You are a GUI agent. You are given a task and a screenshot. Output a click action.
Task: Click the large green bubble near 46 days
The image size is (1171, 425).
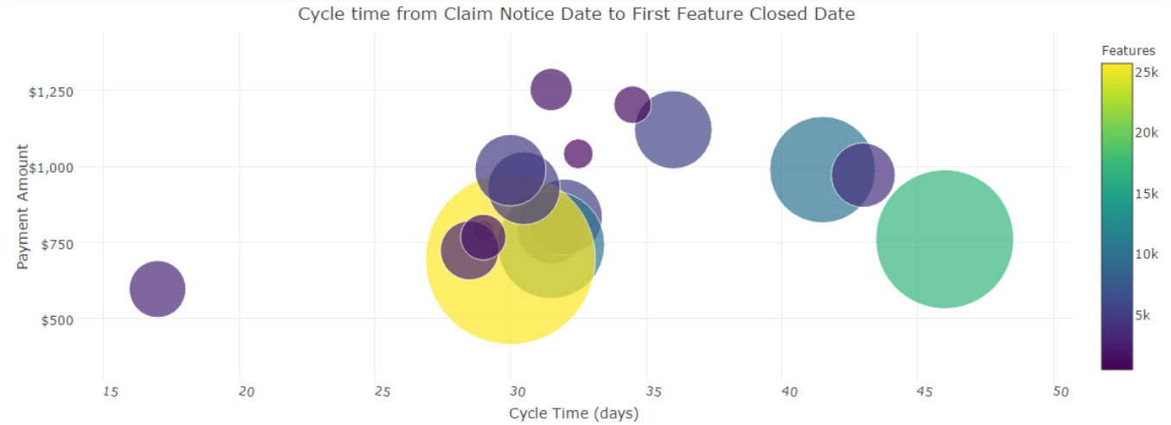pyautogui.click(x=944, y=239)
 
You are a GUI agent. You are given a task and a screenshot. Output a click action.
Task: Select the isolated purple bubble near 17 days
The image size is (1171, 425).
pyautogui.click(x=157, y=288)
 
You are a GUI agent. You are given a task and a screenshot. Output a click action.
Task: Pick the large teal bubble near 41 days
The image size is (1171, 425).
pyautogui.click(x=822, y=169)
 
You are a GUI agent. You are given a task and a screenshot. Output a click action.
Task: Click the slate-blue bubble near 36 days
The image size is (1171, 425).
pyautogui.click(x=673, y=129)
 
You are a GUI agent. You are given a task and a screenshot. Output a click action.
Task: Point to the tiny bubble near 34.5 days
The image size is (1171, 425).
pyautogui.click(x=632, y=105)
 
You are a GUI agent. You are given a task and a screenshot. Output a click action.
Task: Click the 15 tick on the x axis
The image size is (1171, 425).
pyautogui.click(x=109, y=391)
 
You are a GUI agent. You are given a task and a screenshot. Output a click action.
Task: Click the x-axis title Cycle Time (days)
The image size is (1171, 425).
pyautogui.click(x=574, y=413)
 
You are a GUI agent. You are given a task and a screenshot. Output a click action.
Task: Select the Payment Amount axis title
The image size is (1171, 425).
pyautogui.click(x=23, y=206)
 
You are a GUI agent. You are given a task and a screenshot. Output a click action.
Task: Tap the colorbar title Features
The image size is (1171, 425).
pyautogui.click(x=1128, y=51)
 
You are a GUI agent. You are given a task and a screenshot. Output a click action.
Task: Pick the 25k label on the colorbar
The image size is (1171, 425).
pyautogui.click(x=1146, y=72)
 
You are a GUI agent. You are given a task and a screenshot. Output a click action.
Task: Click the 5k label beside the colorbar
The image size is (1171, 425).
pyautogui.click(x=1142, y=315)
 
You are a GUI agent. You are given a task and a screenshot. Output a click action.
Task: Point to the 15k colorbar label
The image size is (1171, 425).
pyautogui.click(x=1146, y=193)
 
